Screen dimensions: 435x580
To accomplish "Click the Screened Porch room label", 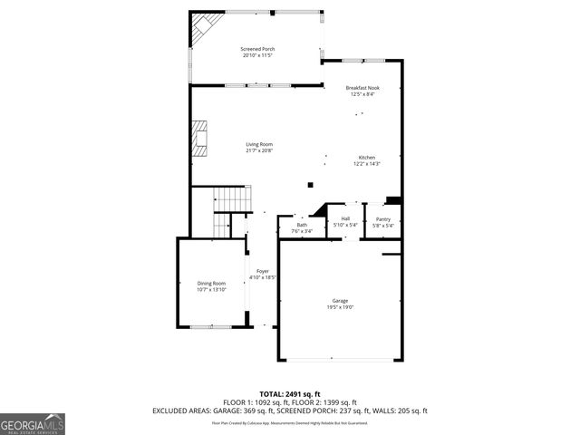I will [x=258, y=49].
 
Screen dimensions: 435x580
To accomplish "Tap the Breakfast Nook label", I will [x=361, y=87].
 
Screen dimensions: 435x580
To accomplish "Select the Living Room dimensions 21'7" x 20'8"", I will [x=258, y=150].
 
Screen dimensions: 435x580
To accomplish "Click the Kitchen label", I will [x=366, y=158].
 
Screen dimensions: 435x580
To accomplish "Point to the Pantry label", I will [x=383, y=219].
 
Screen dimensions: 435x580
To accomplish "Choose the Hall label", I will [x=345, y=219].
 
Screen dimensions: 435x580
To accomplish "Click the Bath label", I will [x=302, y=225].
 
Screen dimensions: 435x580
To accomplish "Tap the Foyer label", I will [x=262, y=271].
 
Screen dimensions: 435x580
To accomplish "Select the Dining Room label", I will [x=211, y=284].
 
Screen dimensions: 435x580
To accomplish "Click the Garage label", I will [x=340, y=301].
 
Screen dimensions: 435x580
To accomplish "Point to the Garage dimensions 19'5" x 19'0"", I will [x=340, y=307].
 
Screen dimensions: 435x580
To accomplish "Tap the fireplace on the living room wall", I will [x=199, y=136].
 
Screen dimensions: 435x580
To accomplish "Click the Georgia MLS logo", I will [x=33, y=424].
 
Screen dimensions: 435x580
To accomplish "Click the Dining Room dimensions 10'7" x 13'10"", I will [x=211, y=290].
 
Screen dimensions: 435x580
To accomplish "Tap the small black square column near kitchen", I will [x=311, y=185].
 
